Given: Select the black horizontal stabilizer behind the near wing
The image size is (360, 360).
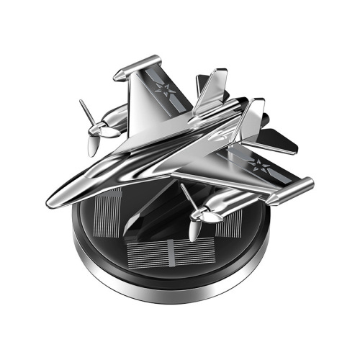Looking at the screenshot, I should pos(281,140).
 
